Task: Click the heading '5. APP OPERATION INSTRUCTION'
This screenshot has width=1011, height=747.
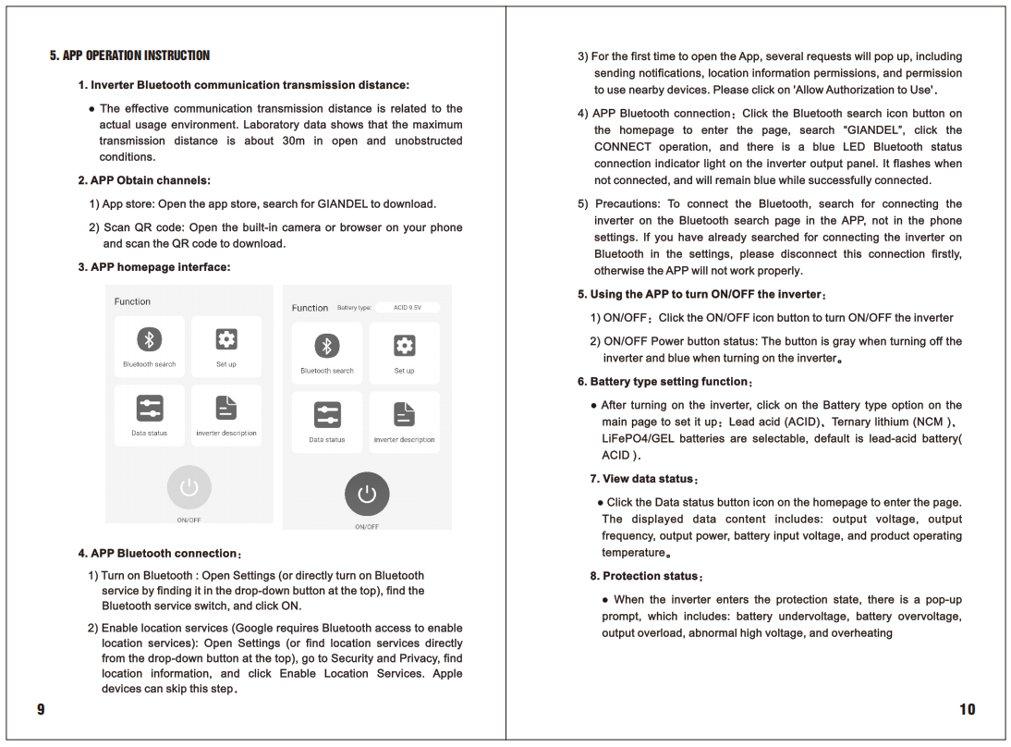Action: coord(129,55)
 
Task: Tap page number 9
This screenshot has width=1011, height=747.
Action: coord(41,709)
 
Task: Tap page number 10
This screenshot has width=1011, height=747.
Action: coord(967,709)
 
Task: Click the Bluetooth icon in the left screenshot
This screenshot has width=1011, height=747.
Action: coord(149,340)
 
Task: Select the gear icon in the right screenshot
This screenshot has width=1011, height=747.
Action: coord(404,346)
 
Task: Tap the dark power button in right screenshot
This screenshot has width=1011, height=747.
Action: coord(367,494)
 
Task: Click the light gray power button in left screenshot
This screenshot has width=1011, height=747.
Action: coord(189,487)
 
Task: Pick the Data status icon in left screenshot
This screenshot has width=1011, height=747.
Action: coord(149,409)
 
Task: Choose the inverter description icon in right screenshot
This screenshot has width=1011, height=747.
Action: coord(404,415)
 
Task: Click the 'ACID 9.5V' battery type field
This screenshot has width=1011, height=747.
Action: coord(408,307)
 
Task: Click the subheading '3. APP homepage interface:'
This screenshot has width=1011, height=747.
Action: coord(153,267)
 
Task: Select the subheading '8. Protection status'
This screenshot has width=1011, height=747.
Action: coord(646,576)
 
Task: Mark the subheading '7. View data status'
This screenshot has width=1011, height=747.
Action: coord(643,479)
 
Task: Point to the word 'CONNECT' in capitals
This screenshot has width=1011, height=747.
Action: coord(623,147)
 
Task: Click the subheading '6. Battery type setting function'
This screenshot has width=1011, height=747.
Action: coord(665,381)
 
